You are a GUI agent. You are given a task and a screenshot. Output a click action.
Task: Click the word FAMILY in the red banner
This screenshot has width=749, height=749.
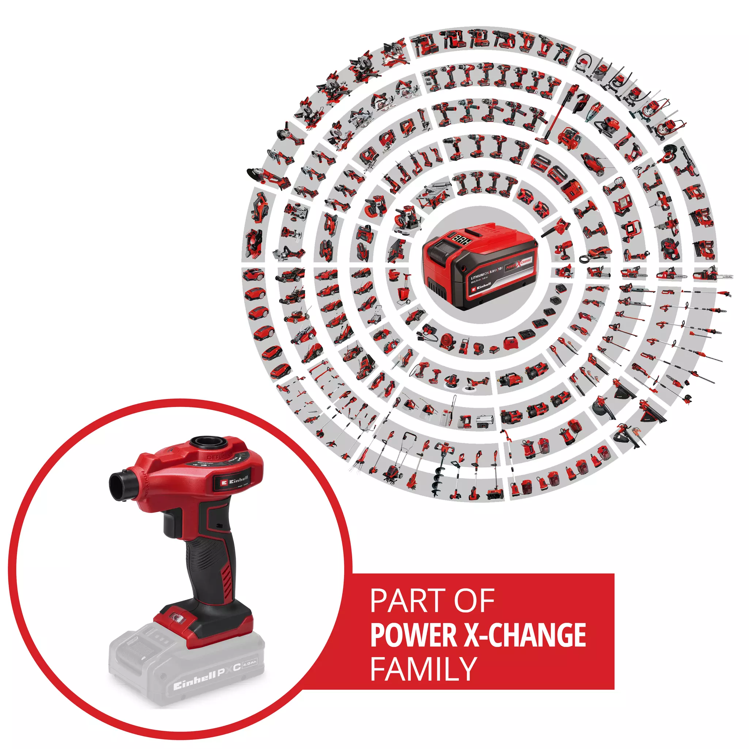point(423,669)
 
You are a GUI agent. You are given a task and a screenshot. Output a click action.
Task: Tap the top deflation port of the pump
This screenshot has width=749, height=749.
point(206,442)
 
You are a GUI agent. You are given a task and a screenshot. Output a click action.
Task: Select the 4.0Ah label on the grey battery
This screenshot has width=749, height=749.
point(250,664)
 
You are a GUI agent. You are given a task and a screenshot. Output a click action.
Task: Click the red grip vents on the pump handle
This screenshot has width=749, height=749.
point(227,579)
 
